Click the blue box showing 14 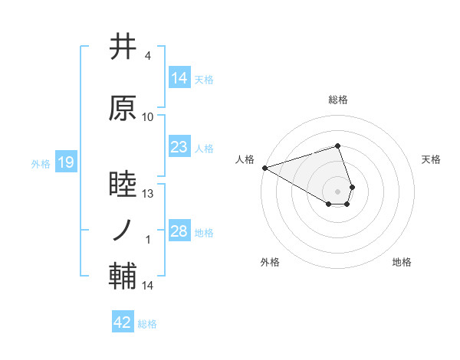pyautogui.click(x=179, y=78)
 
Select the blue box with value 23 pyautogui.click(x=179, y=147)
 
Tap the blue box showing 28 pyautogui.click(x=179, y=231)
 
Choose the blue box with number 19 pyautogui.click(x=66, y=162)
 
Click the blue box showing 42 pyautogui.click(x=123, y=322)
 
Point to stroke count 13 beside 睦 pyautogui.click(x=148, y=194)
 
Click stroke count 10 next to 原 pyautogui.click(x=148, y=117)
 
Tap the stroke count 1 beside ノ pyautogui.click(x=148, y=240)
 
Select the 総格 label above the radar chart pyautogui.click(x=338, y=100)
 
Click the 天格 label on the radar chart pyautogui.click(x=431, y=159)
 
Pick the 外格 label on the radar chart pyautogui.click(x=270, y=262)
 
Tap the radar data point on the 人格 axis pyautogui.click(x=264, y=168)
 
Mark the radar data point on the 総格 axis pyautogui.click(x=338, y=146)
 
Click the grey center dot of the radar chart pyautogui.click(x=338, y=191)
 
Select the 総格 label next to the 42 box pyautogui.click(x=147, y=324)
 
